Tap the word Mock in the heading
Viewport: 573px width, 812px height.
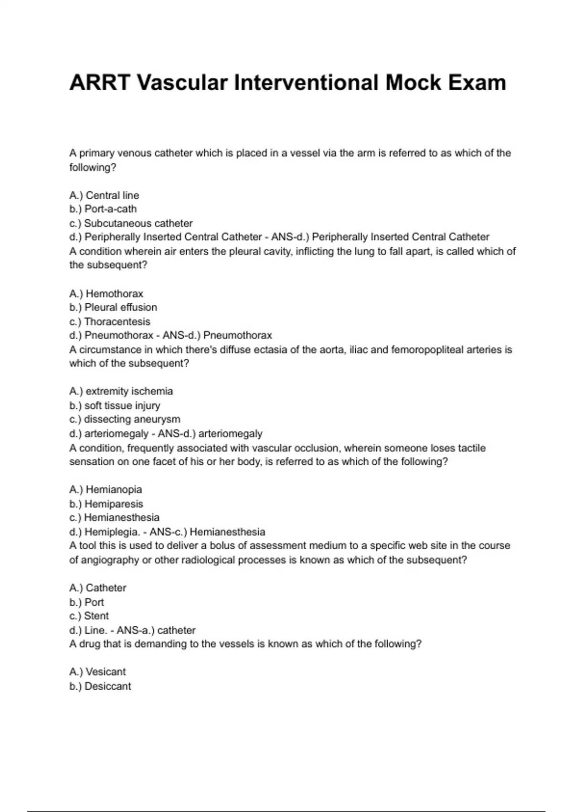pyautogui.click(x=413, y=83)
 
